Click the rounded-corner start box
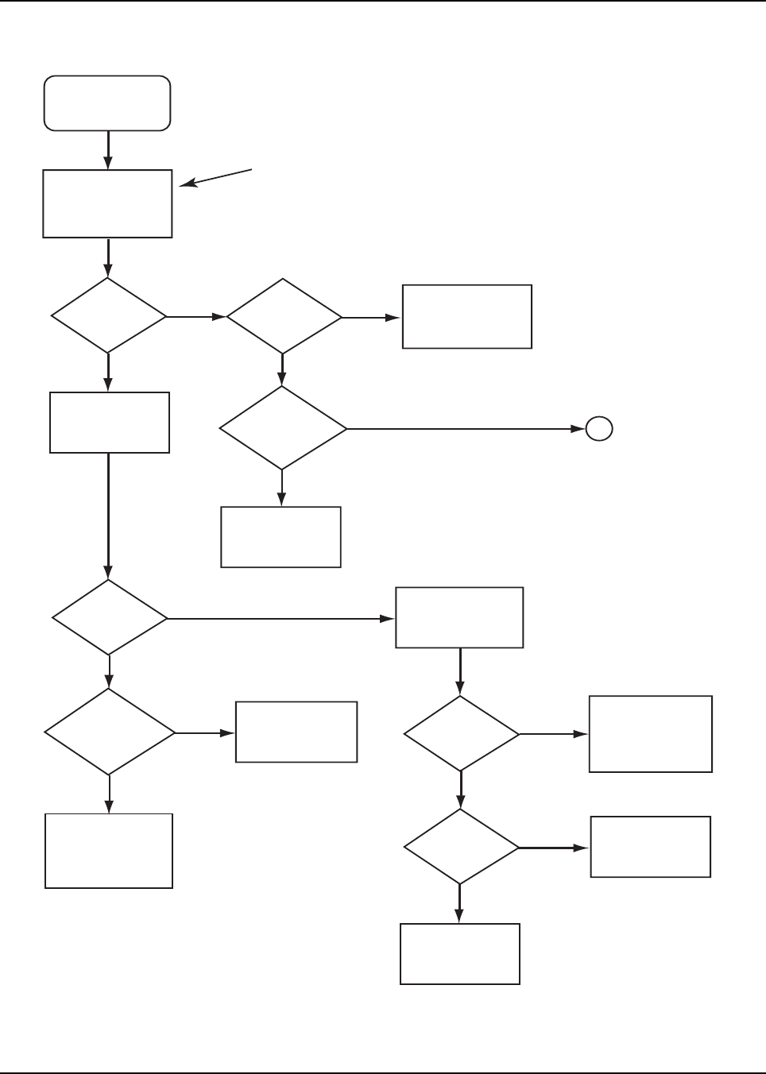(107, 103)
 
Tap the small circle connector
(599, 429)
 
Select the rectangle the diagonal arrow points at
(107, 203)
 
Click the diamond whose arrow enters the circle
(283, 429)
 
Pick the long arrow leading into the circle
(465, 429)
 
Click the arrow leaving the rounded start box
(107, 149)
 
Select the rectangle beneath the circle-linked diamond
(280, 537)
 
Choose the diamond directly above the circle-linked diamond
(284, 317)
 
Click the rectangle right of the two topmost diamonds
(466, 316)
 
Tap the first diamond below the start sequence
(108, 316)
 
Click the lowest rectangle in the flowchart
(459, 953)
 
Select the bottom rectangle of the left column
(109, 850)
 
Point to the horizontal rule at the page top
(383, 2)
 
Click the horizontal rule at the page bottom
(383, 1072)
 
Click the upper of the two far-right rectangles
(650, 734)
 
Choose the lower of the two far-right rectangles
(650, 847)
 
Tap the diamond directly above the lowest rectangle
(461, 847)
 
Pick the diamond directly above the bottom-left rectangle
(109, 732)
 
